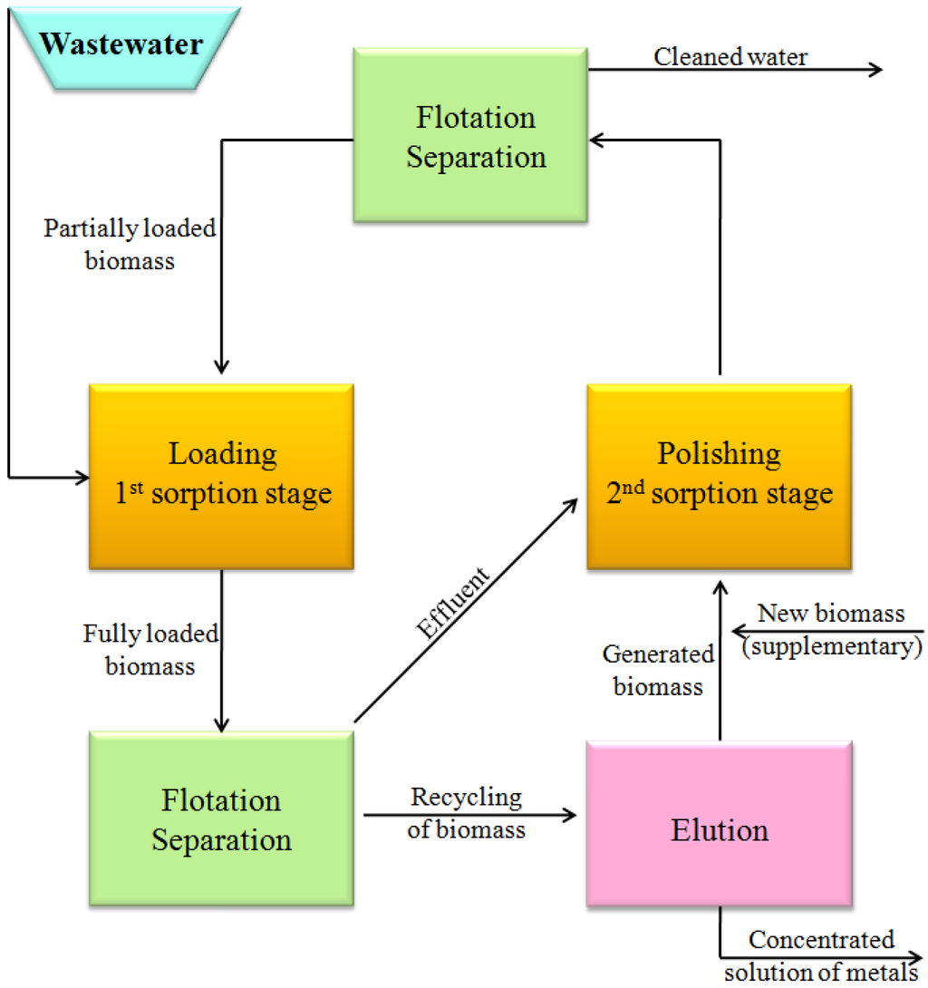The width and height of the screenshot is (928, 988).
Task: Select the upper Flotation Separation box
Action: pyautogui.click(x=469, y=137)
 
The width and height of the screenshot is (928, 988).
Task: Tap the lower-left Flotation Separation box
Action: pyautogui.click(x=221, y=820)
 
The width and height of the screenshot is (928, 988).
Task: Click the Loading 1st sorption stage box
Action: pyautogui.click(x=221, y=475)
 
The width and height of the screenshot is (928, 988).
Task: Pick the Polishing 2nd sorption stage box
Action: pyautogui.click(x=719, y=475)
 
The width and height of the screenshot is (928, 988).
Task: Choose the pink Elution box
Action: pyautogui.click(x=719, y=830)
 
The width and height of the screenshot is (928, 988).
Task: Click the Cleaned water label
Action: pyautogui.click(x=730, y=56)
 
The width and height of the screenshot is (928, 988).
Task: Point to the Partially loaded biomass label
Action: pyautogui.click(x=130, y=245)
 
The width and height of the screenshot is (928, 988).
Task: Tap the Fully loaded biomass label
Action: pyautogui.click(x=150, y=650)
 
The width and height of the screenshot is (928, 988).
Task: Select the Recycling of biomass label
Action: pyautogui.click(x=466, y=812)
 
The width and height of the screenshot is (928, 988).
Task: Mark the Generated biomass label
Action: pyautogui.click(x=658, y=670)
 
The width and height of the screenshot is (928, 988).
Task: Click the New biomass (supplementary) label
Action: pyautogui.click(x=831, y=630)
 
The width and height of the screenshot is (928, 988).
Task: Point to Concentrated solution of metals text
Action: pyautogui.click(x=821, y=955)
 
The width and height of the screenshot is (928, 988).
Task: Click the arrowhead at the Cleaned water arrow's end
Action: pyautogui.click(x=875, y=70)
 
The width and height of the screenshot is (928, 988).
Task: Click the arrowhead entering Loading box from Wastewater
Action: pyautogui.click(x=82, y=476)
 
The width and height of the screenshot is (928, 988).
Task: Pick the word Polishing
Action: pyautogui.click(x=719, y=453)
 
